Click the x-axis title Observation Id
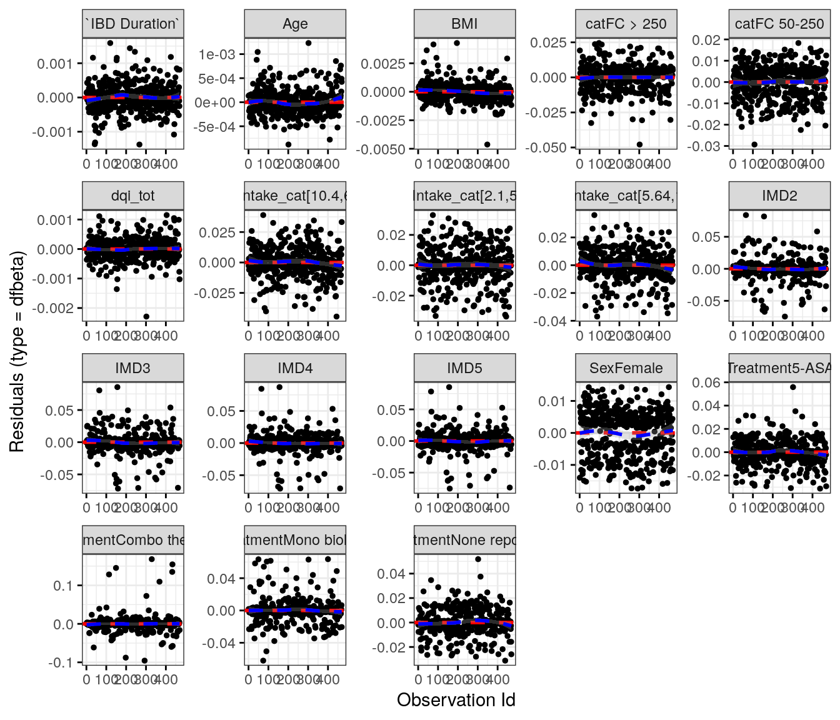pos(456,700)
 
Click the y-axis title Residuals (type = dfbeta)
pos(17,351)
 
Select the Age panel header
pos(295,24)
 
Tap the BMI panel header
pos(464,24)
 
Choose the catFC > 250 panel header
pos(626,24)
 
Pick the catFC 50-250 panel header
pos(779,24)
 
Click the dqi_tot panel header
pos(133,196)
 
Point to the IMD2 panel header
pos(779,196)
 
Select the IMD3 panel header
pos(133,368)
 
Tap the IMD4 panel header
pos(295,368)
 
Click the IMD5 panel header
pos(464,368)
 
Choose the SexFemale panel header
pos(626,368)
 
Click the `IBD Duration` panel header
pos(133,24)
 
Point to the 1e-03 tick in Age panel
pos(217,54)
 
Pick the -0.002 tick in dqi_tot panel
pos(56,308)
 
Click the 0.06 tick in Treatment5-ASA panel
pos(707,382)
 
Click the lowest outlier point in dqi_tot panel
pos(146,316)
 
